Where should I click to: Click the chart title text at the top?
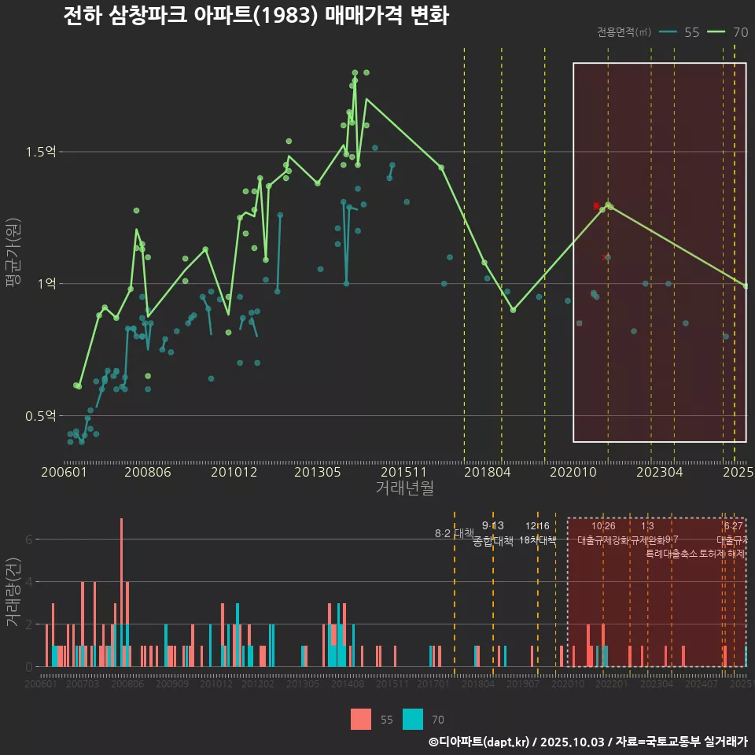tap(256, 16)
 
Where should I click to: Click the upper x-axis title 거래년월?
tap(404, 488)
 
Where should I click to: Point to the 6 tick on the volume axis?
tap(29, 540)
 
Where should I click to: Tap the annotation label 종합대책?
tap(493, 540)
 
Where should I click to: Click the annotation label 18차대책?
tap(537, 540)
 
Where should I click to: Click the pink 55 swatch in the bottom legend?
tap(361, 719)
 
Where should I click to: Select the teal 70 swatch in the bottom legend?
tap(413, 719)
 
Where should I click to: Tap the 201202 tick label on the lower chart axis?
tap(258, 684)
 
